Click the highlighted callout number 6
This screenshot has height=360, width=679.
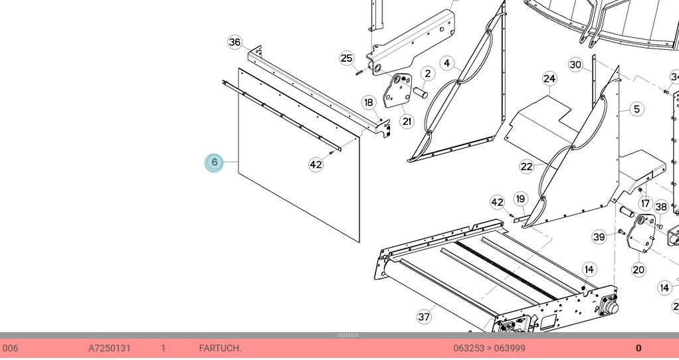click(x=214, y=163)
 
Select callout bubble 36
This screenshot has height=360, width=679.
click(x=235, y=42)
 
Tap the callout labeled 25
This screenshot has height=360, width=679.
click(x=346, y=58)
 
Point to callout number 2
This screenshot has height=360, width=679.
click(x=428, y=74)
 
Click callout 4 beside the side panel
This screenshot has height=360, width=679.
click(x=447, y=64)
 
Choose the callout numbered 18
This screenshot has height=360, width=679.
click(x=369, y=102)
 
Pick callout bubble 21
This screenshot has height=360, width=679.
click(x=407, y=122)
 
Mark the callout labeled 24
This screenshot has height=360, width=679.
click(x=549, y=79)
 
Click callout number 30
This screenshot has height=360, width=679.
click(x=575, y=65)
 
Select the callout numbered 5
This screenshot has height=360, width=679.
click(x=637, y=109)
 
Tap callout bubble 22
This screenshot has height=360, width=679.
click(x=527, y=167)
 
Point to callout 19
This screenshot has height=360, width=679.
click(x=520, y=199)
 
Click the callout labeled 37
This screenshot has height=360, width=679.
click(x=424, y=317)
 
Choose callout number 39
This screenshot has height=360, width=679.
click(x=599, y=236)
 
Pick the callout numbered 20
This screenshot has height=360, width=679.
click(x=638, y=270)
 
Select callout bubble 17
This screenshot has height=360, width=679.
click(x=646, y=203)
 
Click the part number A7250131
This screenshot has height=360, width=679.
click(x=110, y=348)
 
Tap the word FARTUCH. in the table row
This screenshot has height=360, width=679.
click(x=220, y=348)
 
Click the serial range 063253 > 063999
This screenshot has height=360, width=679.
click(x=490, y=348)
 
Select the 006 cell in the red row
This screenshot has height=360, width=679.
click(x=11, y=348)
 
